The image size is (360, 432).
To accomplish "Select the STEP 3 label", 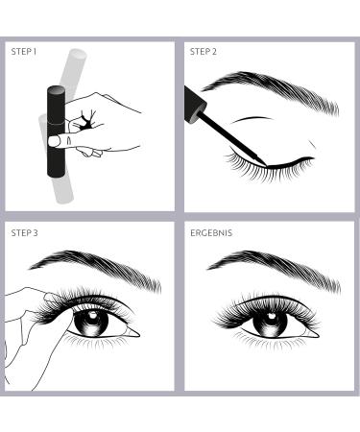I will (23, 232).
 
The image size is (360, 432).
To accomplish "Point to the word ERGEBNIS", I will (211, 232).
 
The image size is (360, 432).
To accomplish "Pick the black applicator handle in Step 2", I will (192, 102).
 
